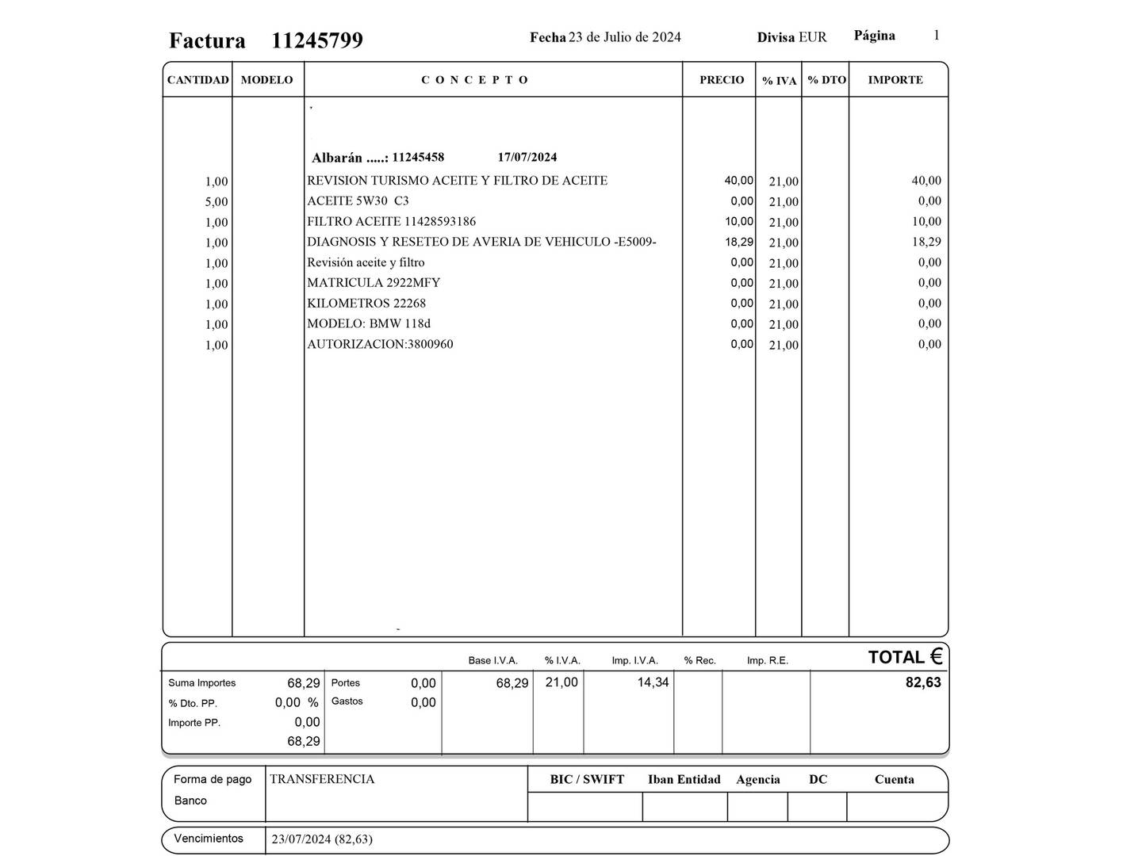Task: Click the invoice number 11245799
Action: pyautogui.click(x=317, y=40)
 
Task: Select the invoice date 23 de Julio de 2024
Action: pyautogui.click(x=624, y=37)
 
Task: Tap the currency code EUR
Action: pyautogui.click(x=812, y=37)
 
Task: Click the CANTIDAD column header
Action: pyautogui.click(x=197, y=80)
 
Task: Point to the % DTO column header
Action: pyautogui.click(x=826, y=80)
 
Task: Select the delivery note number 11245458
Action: pyautogui.click(x=418, y=157)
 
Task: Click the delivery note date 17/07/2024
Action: pyautogui.click(x=527, y=157)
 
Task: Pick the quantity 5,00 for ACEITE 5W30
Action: pyautogui.click(x=216, y=202)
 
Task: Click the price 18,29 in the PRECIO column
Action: pyautogui.click(x=738, y=242)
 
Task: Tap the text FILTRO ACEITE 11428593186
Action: pyautogui.click(x=391, y=222)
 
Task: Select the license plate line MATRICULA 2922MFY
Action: pyautogui.click(x=374, y=283)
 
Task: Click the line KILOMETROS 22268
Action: pyautogui.click(x=366, y=304)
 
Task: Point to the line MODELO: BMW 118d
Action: pyautogui.click(x=369, y=324)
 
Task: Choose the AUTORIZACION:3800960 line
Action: pyautogui.click(x=380, y=345)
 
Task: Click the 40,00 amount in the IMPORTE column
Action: pyautogui.click(x=925, y=181)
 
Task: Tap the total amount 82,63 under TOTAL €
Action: pyautogui.click(x=923, y=682)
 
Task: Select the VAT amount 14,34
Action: pyautogui.click(x=653, y=682)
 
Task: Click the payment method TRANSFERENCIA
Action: pyautogui.click(x=322, y=779)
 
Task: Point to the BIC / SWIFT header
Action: pyautogui.click(x=587, y=780)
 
